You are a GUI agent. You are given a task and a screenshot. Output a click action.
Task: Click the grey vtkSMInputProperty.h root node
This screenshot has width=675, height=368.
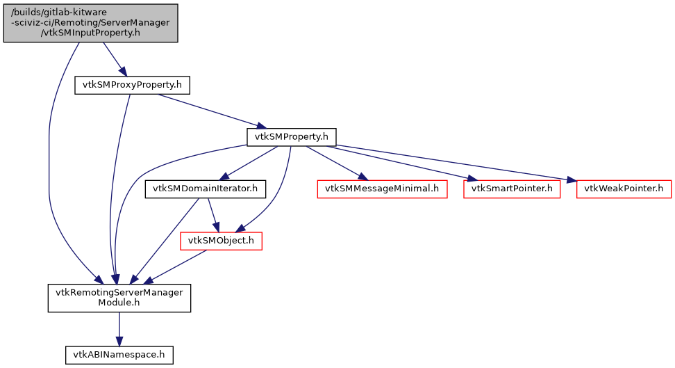coord(90,23)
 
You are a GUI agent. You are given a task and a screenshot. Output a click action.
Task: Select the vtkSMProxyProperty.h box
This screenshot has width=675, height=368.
coord(132,85)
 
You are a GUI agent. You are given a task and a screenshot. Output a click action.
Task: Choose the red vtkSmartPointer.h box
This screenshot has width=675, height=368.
coord(512,189)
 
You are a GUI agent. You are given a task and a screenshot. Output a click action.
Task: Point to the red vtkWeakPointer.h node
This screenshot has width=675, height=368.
coord(623,189)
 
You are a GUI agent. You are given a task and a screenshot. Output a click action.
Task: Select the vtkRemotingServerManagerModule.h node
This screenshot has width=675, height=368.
coord(119,298)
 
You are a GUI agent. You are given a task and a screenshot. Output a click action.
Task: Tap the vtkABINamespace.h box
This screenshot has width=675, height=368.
coord(119,355)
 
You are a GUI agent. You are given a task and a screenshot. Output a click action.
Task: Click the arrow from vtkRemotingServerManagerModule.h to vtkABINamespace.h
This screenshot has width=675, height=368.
coord(119,328)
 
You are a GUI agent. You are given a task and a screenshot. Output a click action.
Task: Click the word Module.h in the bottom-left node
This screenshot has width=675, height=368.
coord(119,303)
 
